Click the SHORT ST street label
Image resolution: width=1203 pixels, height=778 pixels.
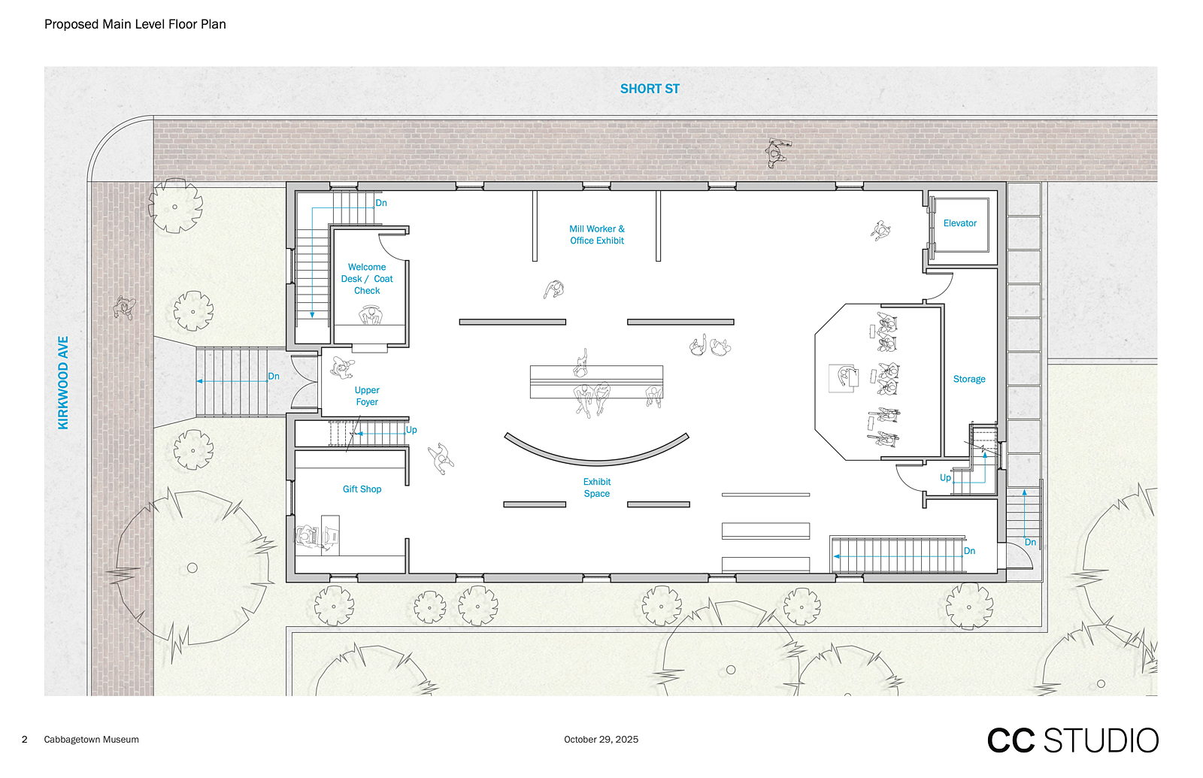(650, 89)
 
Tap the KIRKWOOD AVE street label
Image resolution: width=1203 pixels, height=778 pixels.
(63, 383)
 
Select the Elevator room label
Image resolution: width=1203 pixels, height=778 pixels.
(959, 223)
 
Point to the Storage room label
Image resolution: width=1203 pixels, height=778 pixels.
(969, 379)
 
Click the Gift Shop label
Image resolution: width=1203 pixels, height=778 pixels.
(362, 489)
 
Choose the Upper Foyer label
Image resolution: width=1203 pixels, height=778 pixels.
(367, 395)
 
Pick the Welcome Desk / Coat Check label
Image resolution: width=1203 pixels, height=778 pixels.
(367, 279)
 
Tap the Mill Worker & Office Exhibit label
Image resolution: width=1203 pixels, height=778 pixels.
(597, 235)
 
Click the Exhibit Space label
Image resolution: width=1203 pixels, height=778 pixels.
(597, 488)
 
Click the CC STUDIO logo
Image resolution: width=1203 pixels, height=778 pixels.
(1072, 740)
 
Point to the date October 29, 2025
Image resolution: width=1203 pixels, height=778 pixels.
(601, 740)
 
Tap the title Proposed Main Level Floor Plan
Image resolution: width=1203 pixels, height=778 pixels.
(135, 24)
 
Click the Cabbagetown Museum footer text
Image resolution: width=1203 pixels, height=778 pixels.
(91, 740)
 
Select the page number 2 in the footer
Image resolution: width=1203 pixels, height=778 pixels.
(24, 740)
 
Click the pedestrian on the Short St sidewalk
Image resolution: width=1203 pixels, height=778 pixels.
(777, 153)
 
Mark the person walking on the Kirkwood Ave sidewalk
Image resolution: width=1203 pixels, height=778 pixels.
(125, 307)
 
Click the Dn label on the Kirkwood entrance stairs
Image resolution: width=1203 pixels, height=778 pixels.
(274, 377)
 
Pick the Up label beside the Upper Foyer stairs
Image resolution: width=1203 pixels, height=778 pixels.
(411, 429)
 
